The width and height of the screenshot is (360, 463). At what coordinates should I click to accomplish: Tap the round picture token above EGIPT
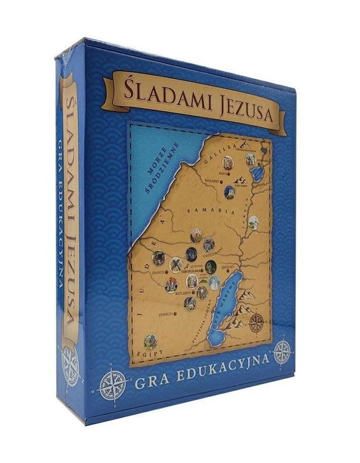pyautogui.click(x=151, y=341)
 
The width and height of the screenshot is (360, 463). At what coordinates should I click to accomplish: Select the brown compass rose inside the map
pyautogui.click(x=257, y=323)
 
